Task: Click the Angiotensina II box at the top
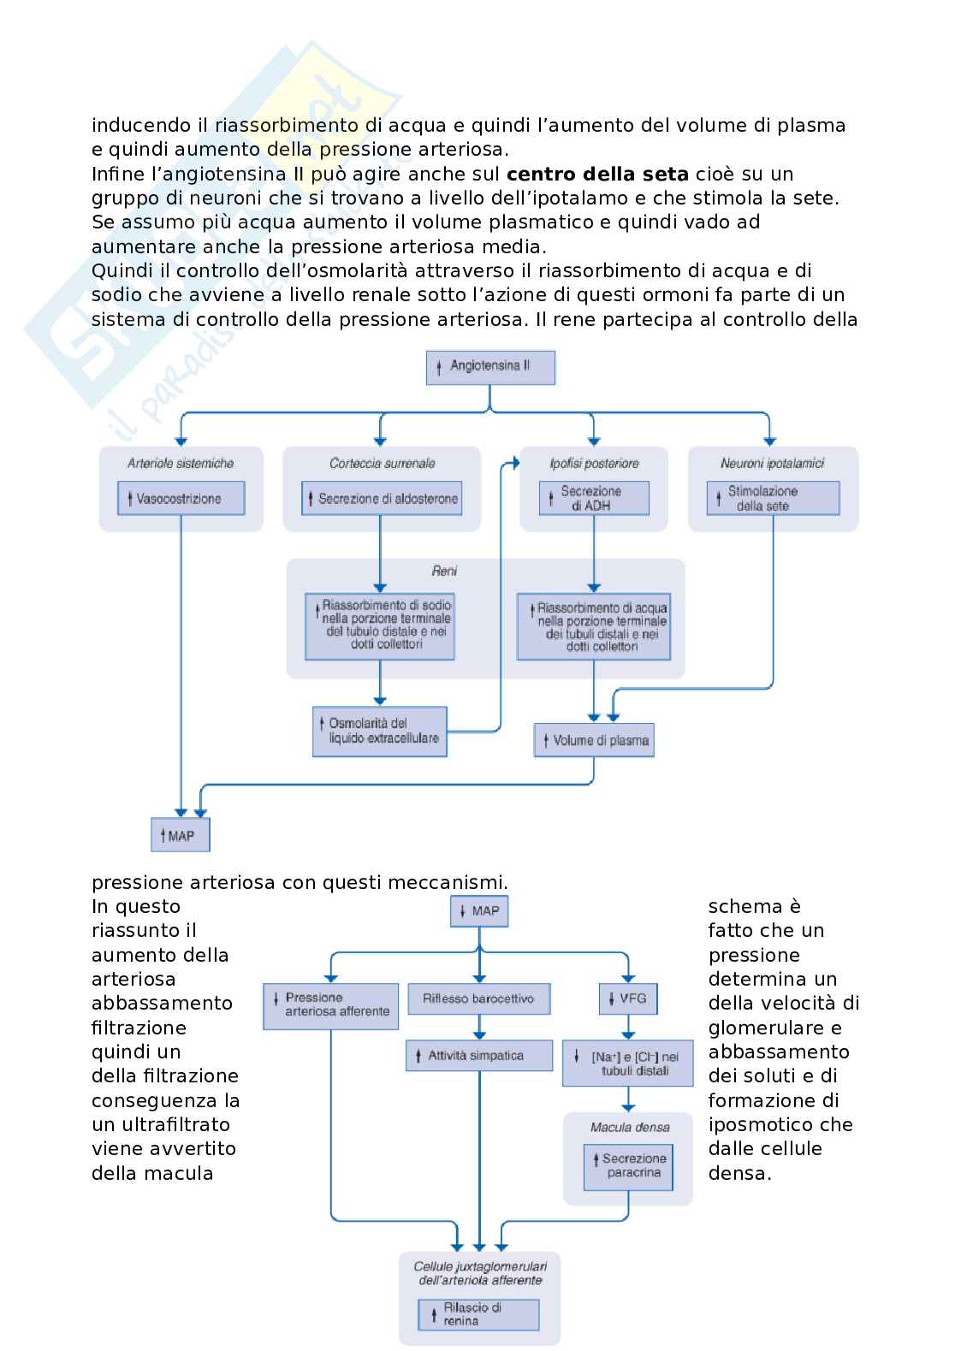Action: pos(490,366)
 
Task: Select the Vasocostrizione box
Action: pos(181,498)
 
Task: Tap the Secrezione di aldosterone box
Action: pos(382,498)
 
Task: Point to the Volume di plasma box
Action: pos(594,740)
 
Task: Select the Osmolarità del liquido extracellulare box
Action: pos(380,731)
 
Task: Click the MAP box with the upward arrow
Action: pos(181,835)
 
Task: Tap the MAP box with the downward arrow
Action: pos(479,911)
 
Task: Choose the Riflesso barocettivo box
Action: pos(478,998)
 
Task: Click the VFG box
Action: pos(628,998)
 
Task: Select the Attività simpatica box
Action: pos(478,1056)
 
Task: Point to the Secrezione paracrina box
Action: pos(628,1166)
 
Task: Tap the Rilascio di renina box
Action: pos(479,1314)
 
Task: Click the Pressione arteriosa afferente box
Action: pos(331,1005)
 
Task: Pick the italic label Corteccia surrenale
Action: pos(383,464)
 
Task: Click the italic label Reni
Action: pos(445,571)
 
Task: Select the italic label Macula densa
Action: pos(630,1127)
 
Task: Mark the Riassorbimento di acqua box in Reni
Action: pos(594,627)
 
